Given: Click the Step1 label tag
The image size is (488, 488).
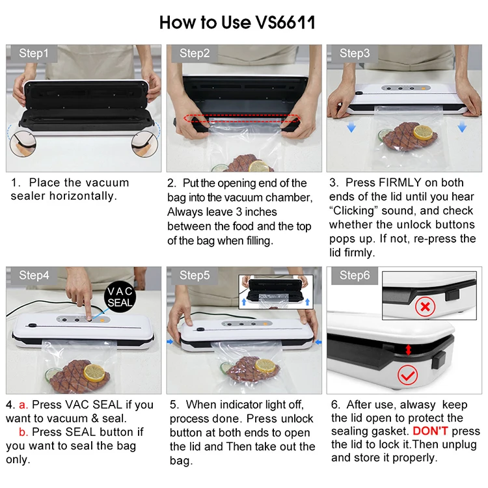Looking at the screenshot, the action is tap(34, 53).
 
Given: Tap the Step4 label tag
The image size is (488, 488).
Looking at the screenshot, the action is tap(34, 275).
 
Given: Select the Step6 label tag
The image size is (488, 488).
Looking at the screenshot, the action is tap(355, 275).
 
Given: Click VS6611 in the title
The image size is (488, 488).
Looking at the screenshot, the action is tap(286, 22).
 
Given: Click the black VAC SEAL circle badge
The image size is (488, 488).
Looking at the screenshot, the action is tap(120, 297).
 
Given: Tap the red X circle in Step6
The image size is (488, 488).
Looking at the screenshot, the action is tap(425, 307).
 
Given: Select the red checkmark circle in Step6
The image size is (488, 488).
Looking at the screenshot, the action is tap(407, 375).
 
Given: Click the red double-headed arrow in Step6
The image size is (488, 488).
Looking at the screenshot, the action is tap(409, 349).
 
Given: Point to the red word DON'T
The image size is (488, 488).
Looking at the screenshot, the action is tap(430, 431).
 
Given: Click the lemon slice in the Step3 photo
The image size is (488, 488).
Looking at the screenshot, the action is tap(423, 132).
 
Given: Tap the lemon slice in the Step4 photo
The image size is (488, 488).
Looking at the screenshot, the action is tap(94, 373).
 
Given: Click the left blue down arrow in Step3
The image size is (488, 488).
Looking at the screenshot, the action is tap(351, 127).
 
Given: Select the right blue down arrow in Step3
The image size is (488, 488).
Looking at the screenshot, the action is tap(462, 127).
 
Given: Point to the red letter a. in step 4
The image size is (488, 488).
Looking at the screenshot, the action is tap(23, 405).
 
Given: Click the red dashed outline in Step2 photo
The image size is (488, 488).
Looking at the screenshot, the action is tap(242, 118).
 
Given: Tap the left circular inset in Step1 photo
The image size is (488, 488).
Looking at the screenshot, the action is tap(23, 144).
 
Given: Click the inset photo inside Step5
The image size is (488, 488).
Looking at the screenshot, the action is tap(276, 292).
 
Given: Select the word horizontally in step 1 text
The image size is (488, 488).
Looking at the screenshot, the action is tap(83, 197).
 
